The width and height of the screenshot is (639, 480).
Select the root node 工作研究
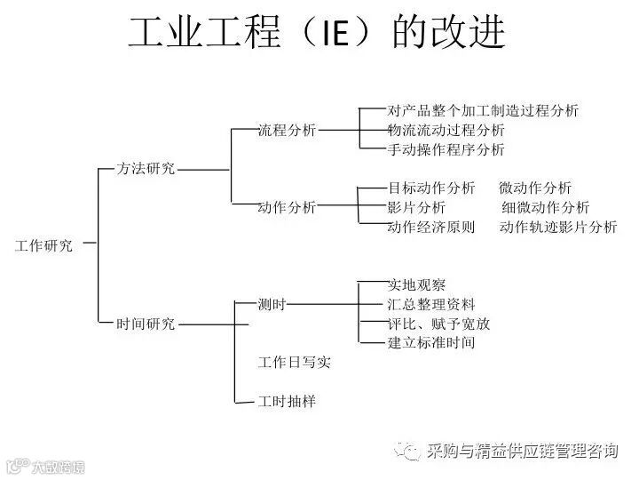point(44,246)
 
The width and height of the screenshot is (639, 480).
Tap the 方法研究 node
point(146,168)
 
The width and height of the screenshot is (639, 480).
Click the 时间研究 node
point(146,324)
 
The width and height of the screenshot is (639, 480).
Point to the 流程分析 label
point(287,130)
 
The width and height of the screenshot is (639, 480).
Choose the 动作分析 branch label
point(287,207)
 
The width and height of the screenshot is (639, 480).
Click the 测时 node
point(272,304)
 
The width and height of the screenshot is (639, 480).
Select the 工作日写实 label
point(294,363)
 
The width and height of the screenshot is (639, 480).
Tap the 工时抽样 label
point(287,402)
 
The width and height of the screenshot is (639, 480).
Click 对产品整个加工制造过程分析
point(483,111)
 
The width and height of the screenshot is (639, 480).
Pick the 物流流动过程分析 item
point(446,130)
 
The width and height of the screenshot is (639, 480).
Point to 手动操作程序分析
point(446,149)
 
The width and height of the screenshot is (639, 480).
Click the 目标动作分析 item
point(431,188)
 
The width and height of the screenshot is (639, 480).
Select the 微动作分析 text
point(535,188)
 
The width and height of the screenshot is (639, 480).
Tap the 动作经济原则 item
point(431,227)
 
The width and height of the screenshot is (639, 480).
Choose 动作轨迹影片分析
point(558,227)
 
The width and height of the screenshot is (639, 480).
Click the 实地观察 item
point(417,285)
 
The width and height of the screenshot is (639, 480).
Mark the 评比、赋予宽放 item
point(438,324)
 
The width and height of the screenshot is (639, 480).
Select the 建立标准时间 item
point(431,343)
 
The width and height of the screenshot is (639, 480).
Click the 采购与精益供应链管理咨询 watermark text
point(522,451)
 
